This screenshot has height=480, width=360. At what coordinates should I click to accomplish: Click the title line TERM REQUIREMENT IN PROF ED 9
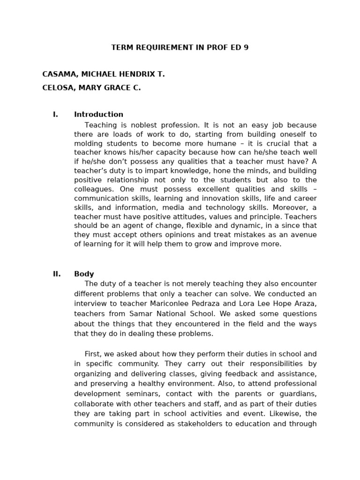pyautogui.click(x=180, y=48)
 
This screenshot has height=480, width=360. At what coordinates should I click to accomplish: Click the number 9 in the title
pyautogui.click(x=246, y=48)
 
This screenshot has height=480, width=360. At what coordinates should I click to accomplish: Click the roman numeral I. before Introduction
pyautogui.click(x=55, y=114)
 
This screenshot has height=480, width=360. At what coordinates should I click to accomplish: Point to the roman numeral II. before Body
pyautogui.click(x=57, y=274)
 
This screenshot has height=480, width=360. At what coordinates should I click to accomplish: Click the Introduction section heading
pyautogui.click(x=98, y=114)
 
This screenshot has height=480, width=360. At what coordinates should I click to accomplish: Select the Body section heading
pyautogui.click(x=84, y=274)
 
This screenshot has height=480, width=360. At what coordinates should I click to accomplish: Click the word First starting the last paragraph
pyautogui.click(x=94, y=354)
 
